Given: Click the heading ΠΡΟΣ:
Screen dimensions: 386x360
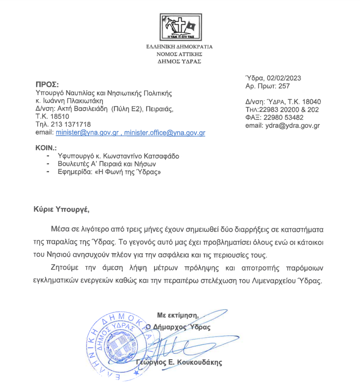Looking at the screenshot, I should [48, 84].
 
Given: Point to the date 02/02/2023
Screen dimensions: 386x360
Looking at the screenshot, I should [285, 78].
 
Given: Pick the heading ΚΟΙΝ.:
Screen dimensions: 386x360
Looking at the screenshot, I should [46, 148].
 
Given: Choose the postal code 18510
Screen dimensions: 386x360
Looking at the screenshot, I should [58, 117].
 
